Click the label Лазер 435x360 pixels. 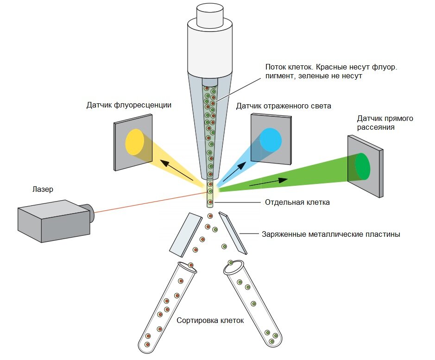pos(43,189)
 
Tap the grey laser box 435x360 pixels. pos(54,221)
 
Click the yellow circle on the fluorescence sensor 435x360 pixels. pos(134,142)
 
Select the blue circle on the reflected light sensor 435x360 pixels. pos(271,139)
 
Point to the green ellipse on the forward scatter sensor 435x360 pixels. pos(363,166)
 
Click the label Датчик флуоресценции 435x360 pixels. pos(129,105)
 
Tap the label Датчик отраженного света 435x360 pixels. pos(284,106)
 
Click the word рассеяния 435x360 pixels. pos(376,127)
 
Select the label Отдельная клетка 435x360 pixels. pos(297,202)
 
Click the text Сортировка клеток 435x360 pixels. pos(210,321)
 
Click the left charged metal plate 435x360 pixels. pos(186,235)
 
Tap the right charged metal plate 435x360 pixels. pos(233,233)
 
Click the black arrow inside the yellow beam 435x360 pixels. pos(177,171)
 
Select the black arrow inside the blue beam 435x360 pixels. pos(234,172)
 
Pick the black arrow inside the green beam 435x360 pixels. pos(269,183)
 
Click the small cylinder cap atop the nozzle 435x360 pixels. pos(210,16)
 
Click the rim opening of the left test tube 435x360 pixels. pos(187,268)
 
